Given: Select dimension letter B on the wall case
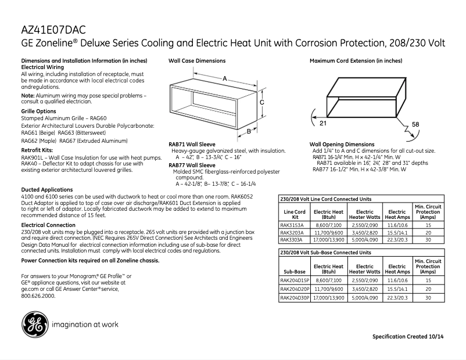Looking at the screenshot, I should pos(248,131).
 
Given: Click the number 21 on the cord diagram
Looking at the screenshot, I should pos(323,124).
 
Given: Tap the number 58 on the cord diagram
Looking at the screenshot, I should pos(415,125).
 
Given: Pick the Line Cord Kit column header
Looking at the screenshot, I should pos(294,215).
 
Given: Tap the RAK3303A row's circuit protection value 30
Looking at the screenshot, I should pos(428,239).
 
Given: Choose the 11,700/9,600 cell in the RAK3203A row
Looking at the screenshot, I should pos(329,232).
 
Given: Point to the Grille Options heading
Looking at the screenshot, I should pos(38,111).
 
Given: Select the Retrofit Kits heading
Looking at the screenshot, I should pos(37,150).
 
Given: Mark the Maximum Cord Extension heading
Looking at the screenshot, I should pos(356,60).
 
